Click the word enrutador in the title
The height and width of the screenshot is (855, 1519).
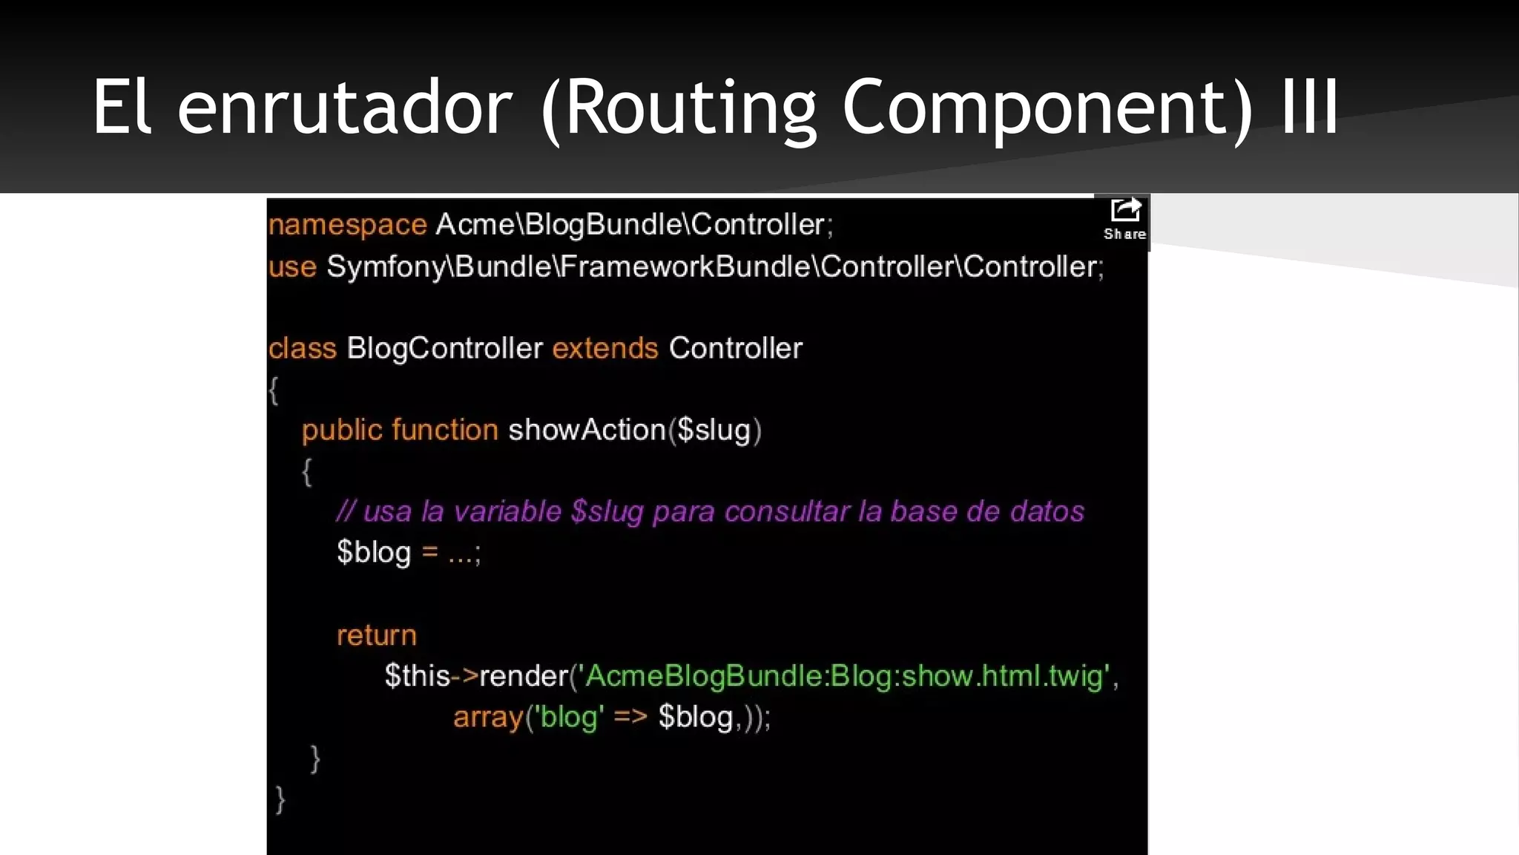(x=345, y=108)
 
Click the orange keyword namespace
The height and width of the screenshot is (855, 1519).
(x=347, y=225)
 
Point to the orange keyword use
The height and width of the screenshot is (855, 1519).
(x=292, y=266)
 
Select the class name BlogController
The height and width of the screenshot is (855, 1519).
(x=444, y=348)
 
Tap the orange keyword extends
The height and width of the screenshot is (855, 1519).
(x=604, y=348)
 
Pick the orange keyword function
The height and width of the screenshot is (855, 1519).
(x=444, y=430)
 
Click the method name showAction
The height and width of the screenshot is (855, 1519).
(x=587, y=430)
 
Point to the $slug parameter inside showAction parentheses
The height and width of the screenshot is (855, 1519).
(x=714, y=430)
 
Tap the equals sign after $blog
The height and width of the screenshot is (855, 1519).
(x=429, y=553)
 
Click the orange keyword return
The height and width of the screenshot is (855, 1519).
(x=376, y=635)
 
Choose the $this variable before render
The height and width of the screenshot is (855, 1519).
(x=417, y=676)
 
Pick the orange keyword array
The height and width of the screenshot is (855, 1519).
(x=488, y=718)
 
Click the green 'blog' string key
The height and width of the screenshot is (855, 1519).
(x=569, y=718)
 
